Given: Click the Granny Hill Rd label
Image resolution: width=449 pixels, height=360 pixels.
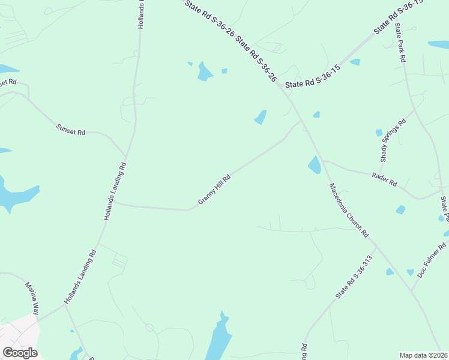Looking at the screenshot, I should (214, 189).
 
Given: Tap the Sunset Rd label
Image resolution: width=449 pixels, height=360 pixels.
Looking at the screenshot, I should (71, 128).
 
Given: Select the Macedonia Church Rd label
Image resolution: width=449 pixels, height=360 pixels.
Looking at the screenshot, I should (348, 210).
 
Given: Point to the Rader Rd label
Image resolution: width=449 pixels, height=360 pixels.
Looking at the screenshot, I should (384, 178).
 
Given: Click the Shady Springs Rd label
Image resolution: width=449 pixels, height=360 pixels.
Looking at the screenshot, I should (393, 140).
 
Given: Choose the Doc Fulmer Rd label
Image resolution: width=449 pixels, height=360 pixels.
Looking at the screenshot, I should (432, 260).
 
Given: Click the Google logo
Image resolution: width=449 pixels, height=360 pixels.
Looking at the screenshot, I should (20, 353).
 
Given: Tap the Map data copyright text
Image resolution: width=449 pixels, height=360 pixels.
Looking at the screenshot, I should (423, 355).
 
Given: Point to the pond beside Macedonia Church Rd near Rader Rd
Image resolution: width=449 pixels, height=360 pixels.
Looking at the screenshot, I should (314, 164).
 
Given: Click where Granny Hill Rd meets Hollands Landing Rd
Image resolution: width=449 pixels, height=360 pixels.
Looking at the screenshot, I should (114, 203).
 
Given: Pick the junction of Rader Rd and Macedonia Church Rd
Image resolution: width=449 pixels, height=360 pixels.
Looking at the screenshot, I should (323, 160).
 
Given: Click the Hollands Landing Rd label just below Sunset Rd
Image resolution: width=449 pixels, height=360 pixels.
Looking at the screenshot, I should (115, 191).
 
